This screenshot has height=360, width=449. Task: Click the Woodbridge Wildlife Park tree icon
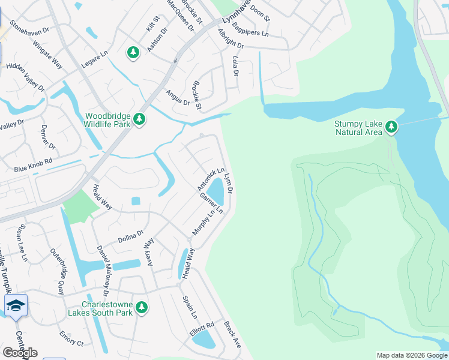[x=140, y=120]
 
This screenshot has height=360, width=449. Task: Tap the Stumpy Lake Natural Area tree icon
[x=391, y=126]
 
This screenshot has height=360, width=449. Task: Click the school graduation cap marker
[x=16, y=305]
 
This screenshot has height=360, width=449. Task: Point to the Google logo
[x=20, y=353]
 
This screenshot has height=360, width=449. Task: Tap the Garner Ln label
[x=212, y=203]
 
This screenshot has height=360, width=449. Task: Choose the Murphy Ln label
[x=203, y=222]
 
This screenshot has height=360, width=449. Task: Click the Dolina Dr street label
[x=131, y=236]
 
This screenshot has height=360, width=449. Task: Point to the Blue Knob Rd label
[x=33, y=166]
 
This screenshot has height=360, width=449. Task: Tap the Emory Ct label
[x=71, y=339]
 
